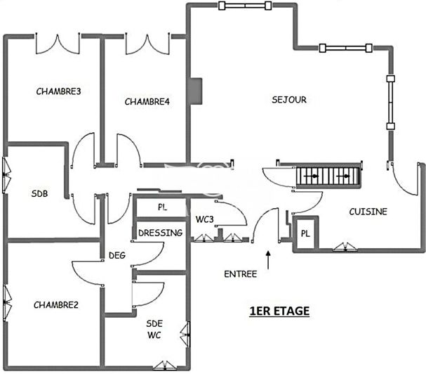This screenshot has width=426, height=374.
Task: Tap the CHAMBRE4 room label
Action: point(147,101)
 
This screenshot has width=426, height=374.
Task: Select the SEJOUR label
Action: point(289,99)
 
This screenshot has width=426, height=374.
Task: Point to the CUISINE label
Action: point(368,211)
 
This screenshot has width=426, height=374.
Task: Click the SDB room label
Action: point(39,193)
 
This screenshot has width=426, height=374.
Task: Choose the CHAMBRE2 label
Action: point(55,304)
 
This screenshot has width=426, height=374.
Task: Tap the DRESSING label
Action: point(160,233)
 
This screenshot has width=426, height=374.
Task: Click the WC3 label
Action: point(205,219)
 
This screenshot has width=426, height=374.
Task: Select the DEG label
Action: point(117,255)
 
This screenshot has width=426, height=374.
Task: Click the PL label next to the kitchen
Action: point(306,233)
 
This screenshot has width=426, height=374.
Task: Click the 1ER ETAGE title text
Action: point(280,310)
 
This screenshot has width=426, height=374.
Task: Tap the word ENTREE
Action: point(240,273)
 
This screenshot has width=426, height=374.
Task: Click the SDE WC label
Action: point(154,328)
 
